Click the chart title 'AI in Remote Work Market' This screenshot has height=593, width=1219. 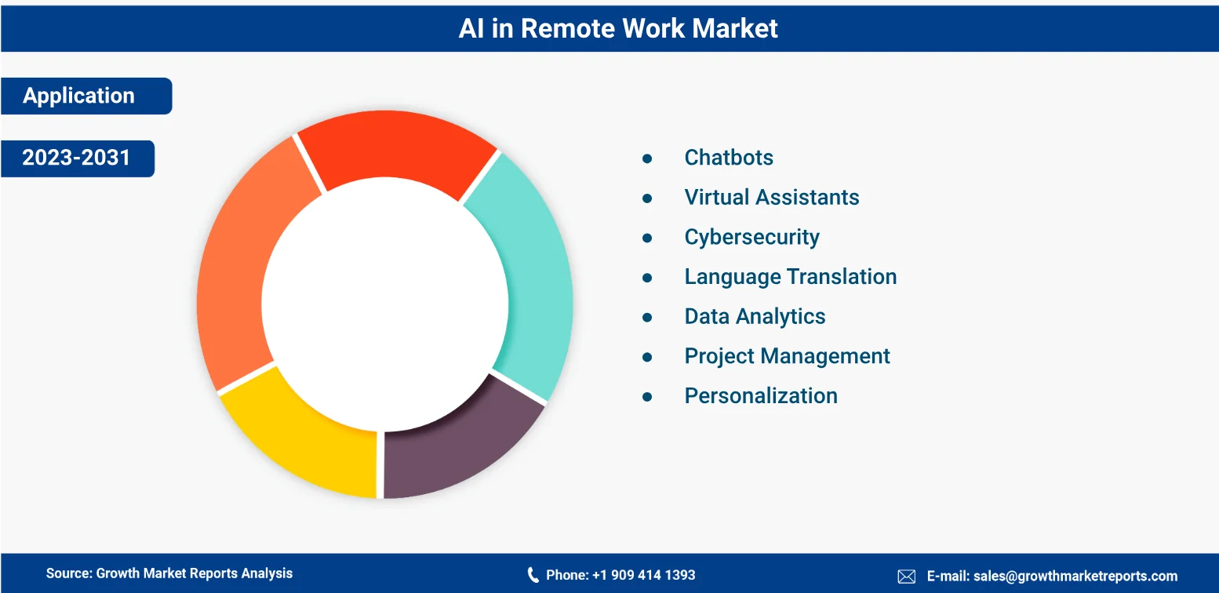coord(618,28)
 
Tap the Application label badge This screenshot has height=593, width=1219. coord(86,96)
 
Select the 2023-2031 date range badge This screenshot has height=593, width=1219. coord(78,158)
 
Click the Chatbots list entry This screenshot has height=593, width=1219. coord(729,158)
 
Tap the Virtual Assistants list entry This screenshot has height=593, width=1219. coord(772,198)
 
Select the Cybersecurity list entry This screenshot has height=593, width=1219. coord(751,238)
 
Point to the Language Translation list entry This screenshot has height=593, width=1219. coord(790,278)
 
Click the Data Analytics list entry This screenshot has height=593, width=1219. coord(755,317)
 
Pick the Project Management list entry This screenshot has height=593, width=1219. coord(787,357)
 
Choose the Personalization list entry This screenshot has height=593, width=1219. coord(761,396)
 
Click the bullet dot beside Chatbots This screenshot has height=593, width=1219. coord(647,159)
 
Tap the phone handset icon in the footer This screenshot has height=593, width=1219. coord(533,575)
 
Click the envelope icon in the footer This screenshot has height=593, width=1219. coord(906,576)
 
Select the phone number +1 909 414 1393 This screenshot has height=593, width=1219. coord(643,575)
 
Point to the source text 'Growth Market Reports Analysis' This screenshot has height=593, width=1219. coord(195,573)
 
